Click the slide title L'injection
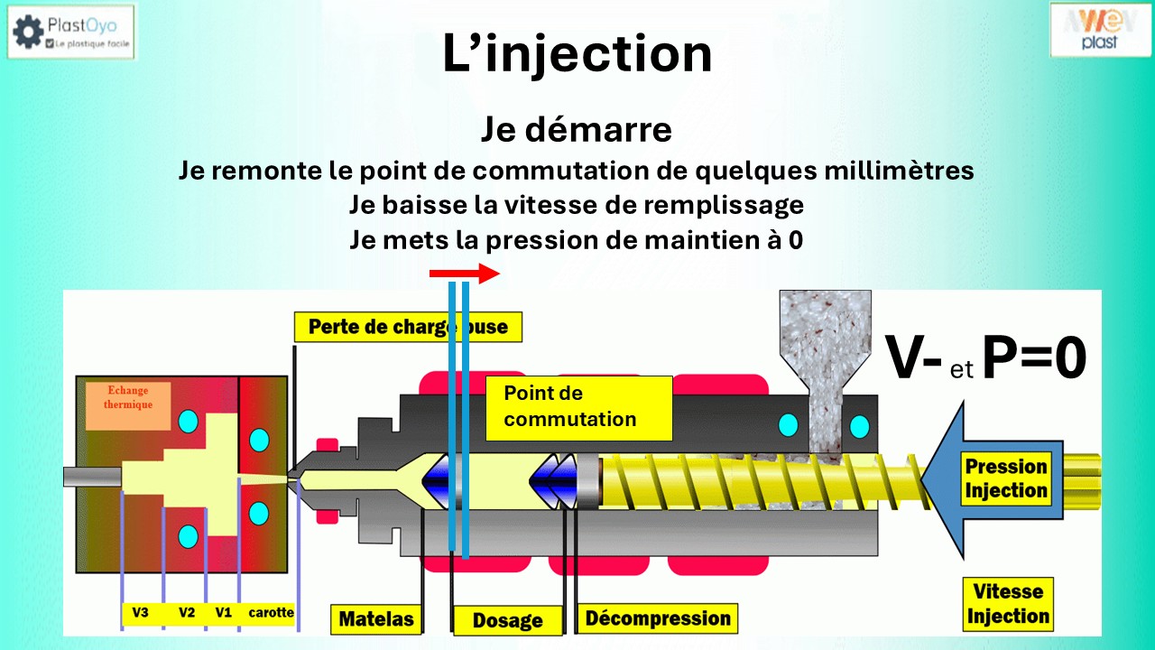(577, 54)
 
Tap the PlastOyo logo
(70, 32)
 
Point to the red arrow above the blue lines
(464, 274)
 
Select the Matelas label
(375, 619)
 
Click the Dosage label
(508, 620)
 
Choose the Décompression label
(657, 618)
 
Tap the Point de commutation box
(578, 407)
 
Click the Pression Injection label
(1005, 478)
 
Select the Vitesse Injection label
(1008, 604)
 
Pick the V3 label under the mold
(140, 613)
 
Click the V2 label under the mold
(187, 613)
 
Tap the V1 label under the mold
(224, 613)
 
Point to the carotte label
(271, 613)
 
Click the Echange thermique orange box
(127, 404)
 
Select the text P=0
(1033, 357)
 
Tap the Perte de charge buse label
(408, 326)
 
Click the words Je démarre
(576, 130)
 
